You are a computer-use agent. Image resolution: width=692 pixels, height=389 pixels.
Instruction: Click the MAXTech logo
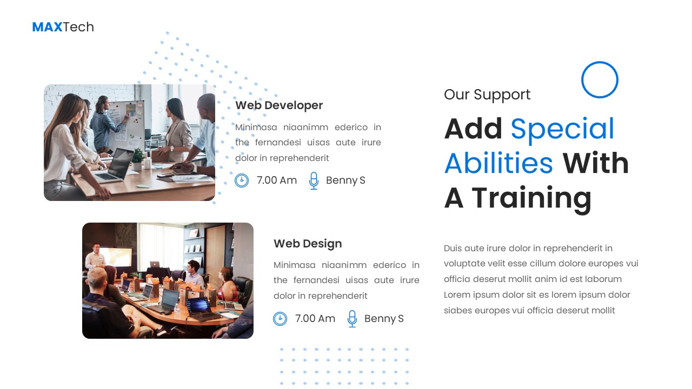(x=63, y=27)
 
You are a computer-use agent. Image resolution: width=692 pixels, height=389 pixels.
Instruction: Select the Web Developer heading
(x=279, y=105)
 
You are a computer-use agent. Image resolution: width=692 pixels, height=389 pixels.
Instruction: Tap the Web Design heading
(x=308, y=244)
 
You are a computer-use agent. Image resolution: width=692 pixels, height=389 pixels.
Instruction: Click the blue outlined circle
(x=600, y=80)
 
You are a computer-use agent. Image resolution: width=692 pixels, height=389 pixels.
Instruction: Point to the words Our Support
(x=487, y=95)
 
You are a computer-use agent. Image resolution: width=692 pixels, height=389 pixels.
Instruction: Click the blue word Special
(x=562, y=129)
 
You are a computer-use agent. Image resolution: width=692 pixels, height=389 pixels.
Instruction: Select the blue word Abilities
(x=498, y=163)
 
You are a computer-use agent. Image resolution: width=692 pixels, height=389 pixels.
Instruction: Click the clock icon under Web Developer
(x=242, y=180)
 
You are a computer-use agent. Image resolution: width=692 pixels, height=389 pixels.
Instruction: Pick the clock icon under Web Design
(x=280, y=319)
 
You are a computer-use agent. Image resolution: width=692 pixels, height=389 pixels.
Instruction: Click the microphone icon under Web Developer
(x=314, y=180)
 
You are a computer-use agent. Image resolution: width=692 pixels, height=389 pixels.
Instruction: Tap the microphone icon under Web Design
(x=352, y=319)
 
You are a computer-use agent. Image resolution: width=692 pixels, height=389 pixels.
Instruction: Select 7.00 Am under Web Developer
(x=277, y=180)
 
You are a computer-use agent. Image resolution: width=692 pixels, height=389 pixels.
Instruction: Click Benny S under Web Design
(x=384, y=319)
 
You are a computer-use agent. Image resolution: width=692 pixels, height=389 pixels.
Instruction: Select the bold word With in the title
(x=596, y=163)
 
